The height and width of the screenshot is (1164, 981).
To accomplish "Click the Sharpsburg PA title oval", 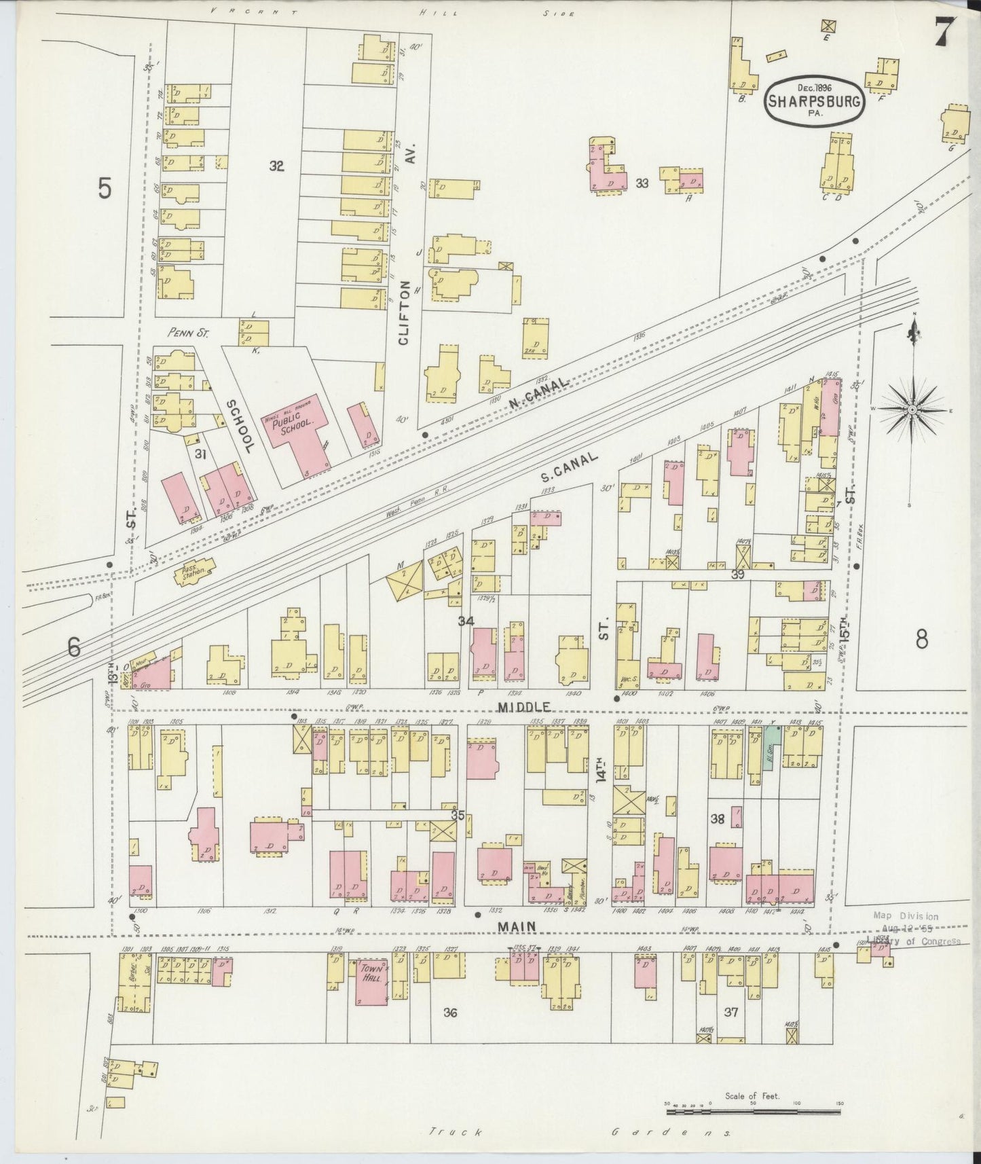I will (x=815, y=100).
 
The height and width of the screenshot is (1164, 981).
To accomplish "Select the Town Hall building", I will (x=372, y=981).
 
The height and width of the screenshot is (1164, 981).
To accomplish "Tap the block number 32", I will (x=276, y=165).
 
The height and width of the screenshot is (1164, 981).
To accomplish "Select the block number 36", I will (x=449, y=1013).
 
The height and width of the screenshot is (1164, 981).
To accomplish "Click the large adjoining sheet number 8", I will (x=921, y=639).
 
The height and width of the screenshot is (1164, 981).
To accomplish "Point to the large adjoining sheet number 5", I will (x=104, y=188).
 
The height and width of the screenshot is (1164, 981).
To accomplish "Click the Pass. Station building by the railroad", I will (x=195, y=572).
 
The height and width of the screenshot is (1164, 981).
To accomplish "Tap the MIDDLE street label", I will (x=523, y=708).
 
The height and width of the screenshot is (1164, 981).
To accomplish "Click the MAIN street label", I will (x=517, y=926).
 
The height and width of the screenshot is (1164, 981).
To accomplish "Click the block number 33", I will (x=642, y=183).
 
